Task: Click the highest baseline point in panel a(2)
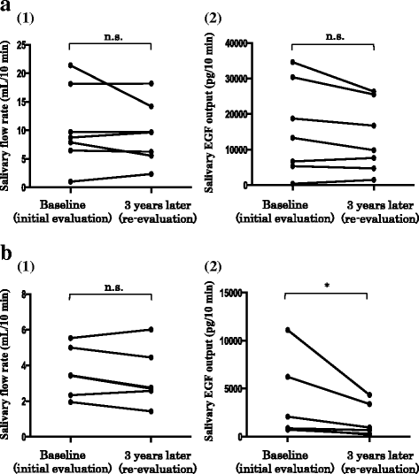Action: click(x=293, y=62)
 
